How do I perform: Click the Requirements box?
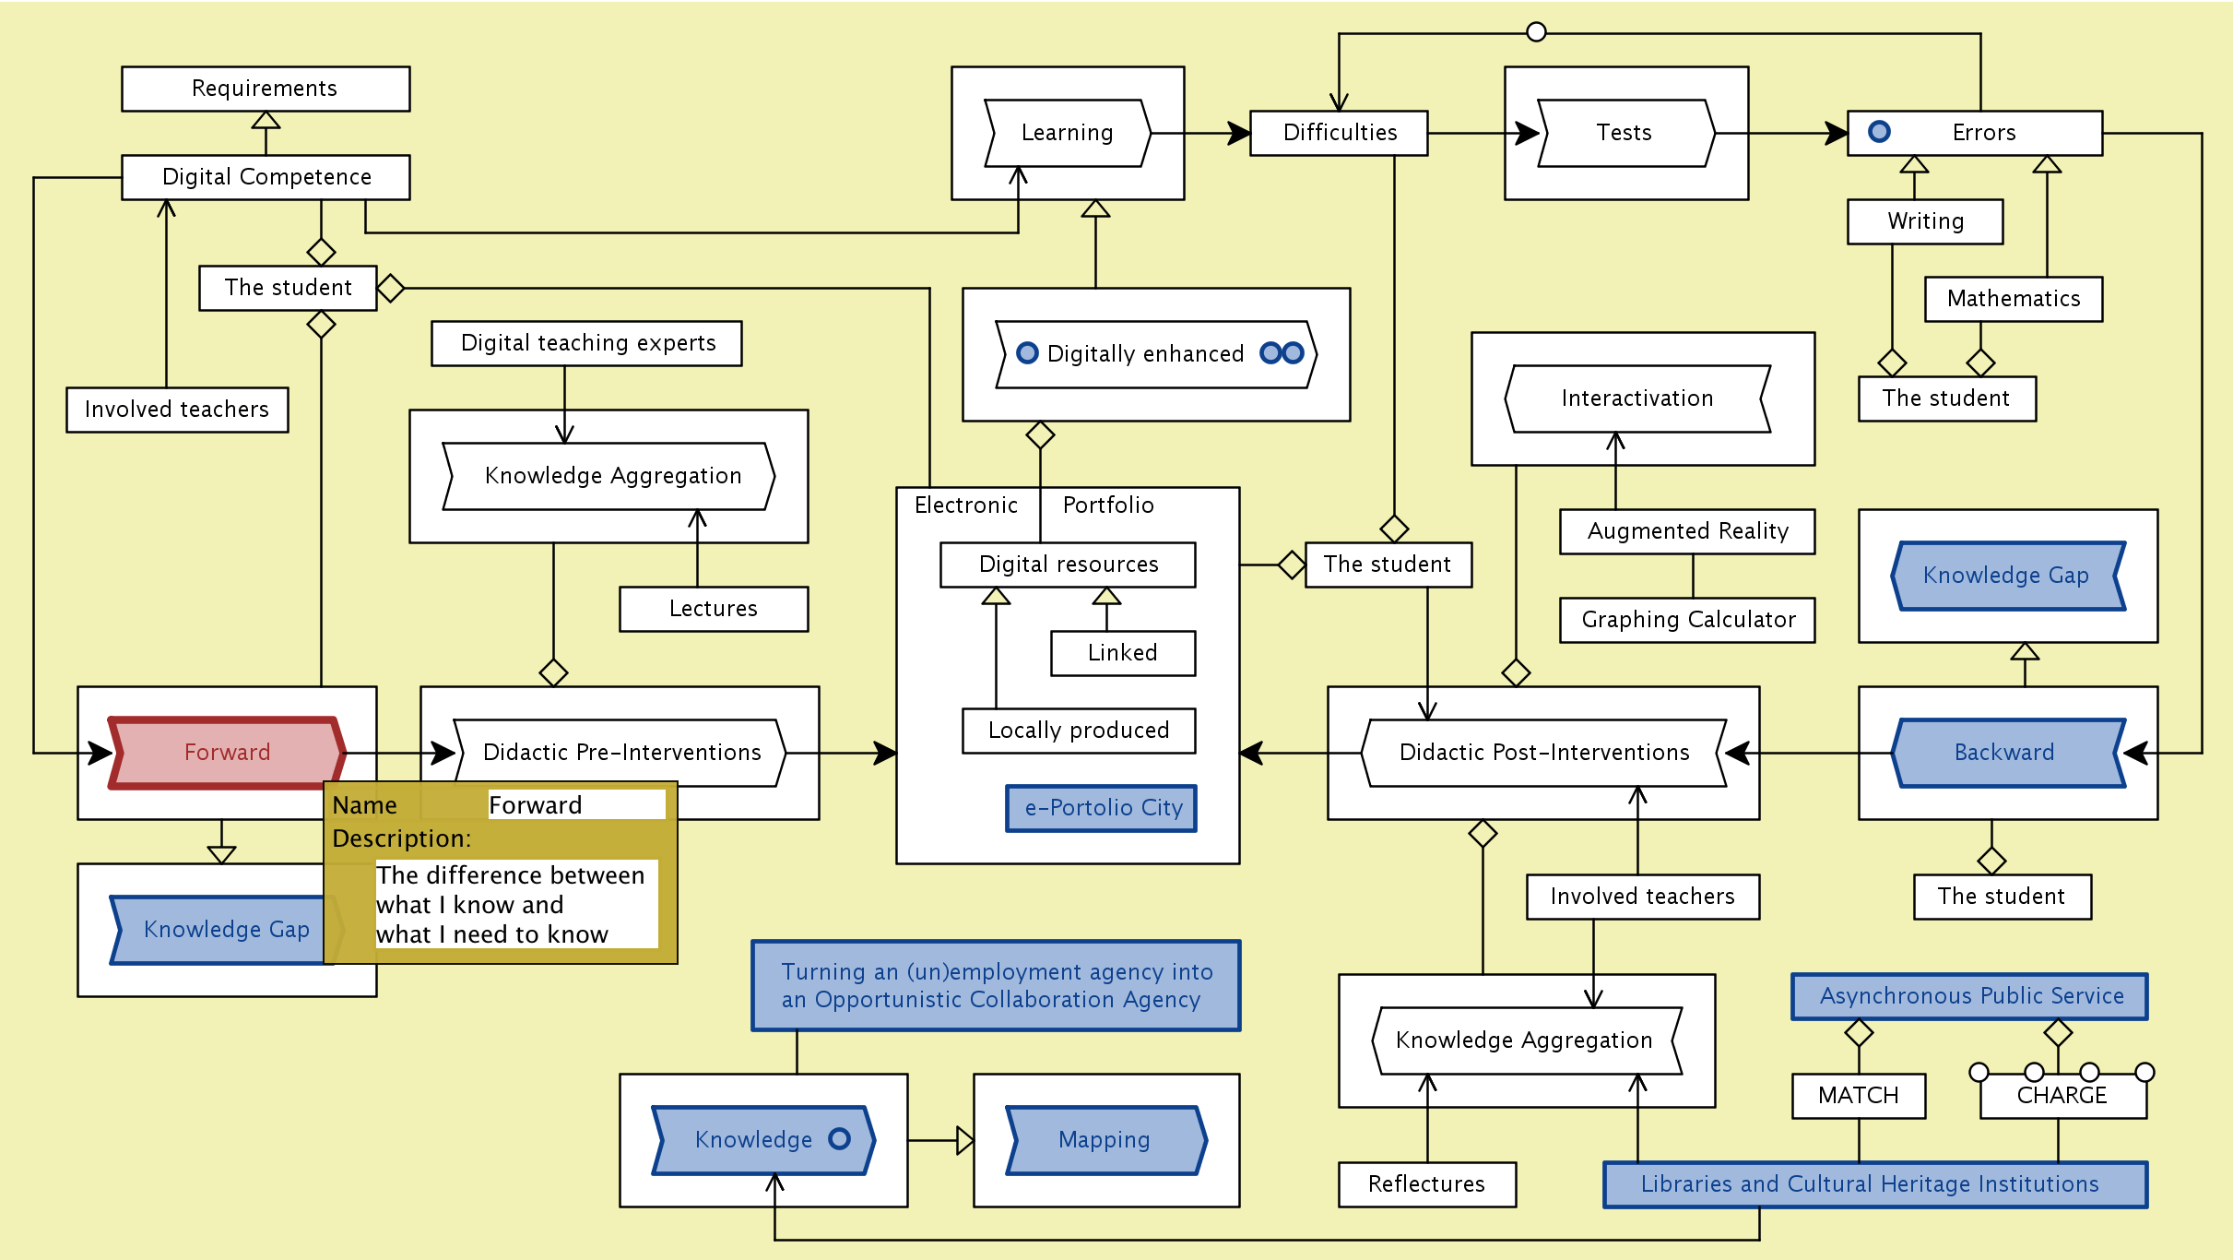pyautogui.click(x=266, y=89)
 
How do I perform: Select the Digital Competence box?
pyautogui.click(x=266, y=177)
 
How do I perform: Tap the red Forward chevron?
pyautogui.click(x=227, y=753)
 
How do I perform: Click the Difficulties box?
pyautogui.click(x=1339, y=133)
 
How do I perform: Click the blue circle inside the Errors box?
pyautogui.click(x=1879, y=132)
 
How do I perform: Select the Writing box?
pyautogui.click(x=1925, y=221)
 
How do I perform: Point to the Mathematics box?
pyautogui.click(x=2014, y=299)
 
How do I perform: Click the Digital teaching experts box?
pyautogui.click(x=586, y=343)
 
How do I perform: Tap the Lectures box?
pyautogui.click(x=714, y=609)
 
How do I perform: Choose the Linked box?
pyautogui.click(x=1123, y=653)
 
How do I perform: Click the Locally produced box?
pyautogui.click(x=1079, y=731)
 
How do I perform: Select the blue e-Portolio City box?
pyautogui.click(x=1102, y=808)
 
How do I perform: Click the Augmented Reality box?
pyautogui.click(x=1687, y=531)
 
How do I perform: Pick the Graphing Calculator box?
pyautogui.click(x=1687, y=620)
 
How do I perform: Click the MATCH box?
pyautogui.click(x=1859, y=1096)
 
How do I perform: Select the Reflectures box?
pyautogui.click(x=1427, y=1184)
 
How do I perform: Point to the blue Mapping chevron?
pyautogui.click(x=1105, y=1140)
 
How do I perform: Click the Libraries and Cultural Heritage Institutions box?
pyautogui.click(x=1875, y=1184)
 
